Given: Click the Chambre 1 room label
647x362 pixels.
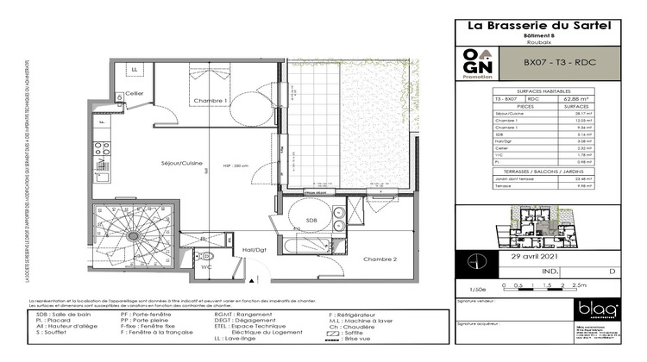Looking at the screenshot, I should [x=209, y=102].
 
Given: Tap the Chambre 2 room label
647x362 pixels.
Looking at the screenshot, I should [x=380, y=259].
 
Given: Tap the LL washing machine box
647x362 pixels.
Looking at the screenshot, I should [x=135, y=70].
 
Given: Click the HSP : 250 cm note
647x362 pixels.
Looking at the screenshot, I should [x=236, y=165].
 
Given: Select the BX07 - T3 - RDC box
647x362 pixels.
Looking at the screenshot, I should [x=561, y=63].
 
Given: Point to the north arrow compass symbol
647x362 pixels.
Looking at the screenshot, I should [x=473, y=261].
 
